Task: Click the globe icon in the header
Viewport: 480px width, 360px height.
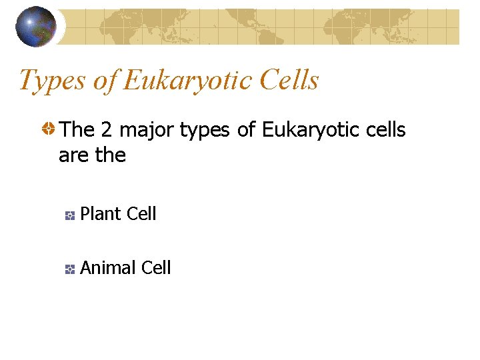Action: click(x=36, y=27)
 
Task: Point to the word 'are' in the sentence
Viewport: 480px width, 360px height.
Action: click(x=73, y=155)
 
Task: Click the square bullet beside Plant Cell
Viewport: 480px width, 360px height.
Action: click(x=69, y=215)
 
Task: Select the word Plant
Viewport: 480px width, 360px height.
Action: click(x=100, y=214)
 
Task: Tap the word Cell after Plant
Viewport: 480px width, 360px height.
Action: click(x=141, y=214)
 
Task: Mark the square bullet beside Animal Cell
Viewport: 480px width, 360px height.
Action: click(x=69, y=269)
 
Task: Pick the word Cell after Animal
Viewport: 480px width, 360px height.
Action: click(x=155, y=268)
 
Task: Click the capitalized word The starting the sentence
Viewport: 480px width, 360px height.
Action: click(x=77, y=130)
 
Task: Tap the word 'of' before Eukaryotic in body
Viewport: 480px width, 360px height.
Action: click(x=246, y=130)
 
